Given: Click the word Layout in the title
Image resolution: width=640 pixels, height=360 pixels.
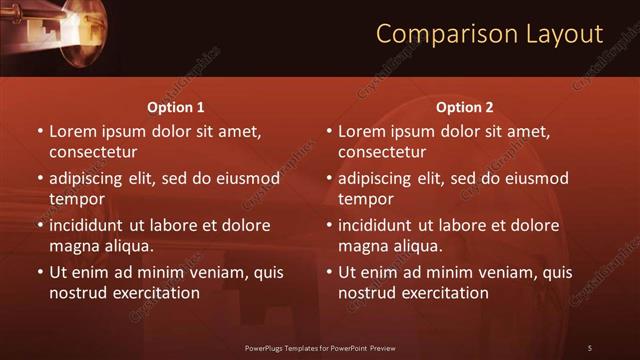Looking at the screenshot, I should click(x=563, y=34).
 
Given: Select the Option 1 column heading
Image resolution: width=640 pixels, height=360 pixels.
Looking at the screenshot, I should click(x=176, y=107).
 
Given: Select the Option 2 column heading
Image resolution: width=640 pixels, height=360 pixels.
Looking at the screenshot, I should click(x=465, y=107).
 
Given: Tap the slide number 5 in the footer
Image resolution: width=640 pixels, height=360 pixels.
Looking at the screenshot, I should click(x=590, y=348).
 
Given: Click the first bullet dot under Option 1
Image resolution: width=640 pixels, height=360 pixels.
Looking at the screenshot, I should click(x=40, y=131).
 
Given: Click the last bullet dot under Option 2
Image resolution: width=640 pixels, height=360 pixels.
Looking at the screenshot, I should click(x=329, y=272).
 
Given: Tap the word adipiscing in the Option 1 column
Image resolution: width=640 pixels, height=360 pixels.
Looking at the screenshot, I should click(x=91, y=179).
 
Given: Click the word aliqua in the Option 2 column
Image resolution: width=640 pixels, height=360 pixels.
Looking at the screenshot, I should click(x=421, y=246).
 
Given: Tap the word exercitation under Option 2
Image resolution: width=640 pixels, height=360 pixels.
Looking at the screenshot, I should click(x=441, y=293).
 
